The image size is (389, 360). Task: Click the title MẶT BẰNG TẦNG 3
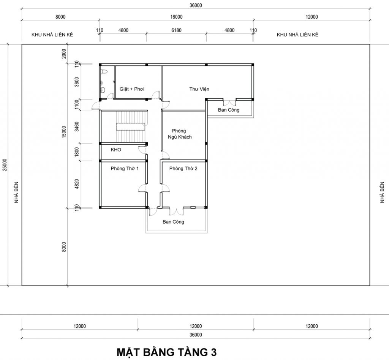coord(166,352)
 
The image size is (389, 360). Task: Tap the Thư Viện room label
coord(199,89)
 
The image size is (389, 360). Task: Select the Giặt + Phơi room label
coord(132,89)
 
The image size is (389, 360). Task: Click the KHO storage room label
coord(116,150)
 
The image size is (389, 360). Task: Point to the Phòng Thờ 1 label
coord(125,169)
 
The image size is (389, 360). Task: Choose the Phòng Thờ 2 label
coord(183,169)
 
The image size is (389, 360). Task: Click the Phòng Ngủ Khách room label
coord(180,134)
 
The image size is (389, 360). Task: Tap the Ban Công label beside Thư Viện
coord(228,110)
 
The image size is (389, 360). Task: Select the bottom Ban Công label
coord(173,222)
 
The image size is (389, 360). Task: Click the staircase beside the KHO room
coord(131,126)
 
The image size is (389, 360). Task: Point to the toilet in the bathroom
coord(104,72)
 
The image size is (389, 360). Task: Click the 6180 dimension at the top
coord(176,30)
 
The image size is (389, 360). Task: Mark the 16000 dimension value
coord(176,17)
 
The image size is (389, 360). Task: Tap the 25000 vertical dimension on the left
coord(5,165)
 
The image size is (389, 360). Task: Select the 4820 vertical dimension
coord(77,184)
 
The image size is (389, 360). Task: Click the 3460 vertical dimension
coord(77,126)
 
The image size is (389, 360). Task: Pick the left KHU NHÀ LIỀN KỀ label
coord(52,35)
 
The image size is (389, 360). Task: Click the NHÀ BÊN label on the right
coord(382,193)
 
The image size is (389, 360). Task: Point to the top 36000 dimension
coord(196,5)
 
